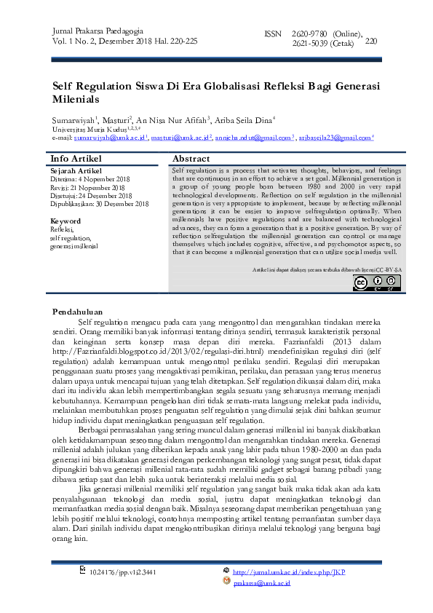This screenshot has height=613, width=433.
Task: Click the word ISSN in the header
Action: point(271,34)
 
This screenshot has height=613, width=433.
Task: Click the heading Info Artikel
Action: point(76,159)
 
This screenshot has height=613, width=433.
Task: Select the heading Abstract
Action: point(191,159)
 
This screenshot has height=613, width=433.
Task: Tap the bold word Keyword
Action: point(65,221)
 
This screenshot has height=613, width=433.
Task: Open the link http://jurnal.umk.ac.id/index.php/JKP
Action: point(289,572)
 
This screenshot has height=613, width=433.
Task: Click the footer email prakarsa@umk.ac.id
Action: point(262,583)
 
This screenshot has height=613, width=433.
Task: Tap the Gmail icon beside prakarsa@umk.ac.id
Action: point(227,583)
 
